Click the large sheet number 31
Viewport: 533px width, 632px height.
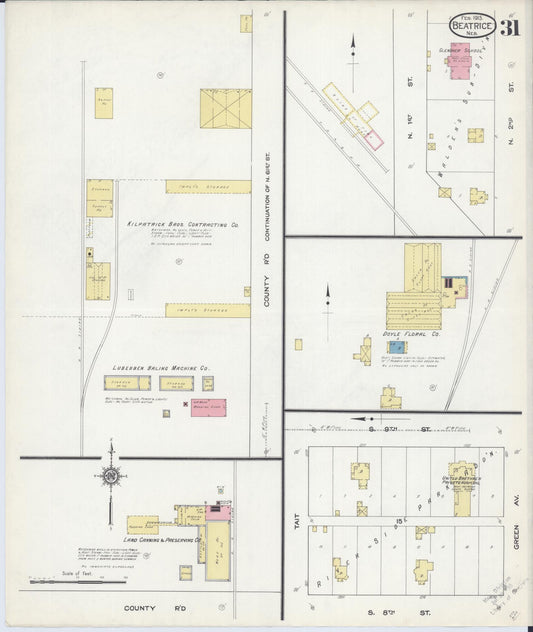511,27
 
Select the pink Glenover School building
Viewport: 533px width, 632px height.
460,62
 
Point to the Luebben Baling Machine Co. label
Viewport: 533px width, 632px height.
159,368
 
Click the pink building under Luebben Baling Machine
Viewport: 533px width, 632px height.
208,407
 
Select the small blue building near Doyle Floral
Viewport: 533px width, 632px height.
397,347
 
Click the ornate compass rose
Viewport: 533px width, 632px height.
111,477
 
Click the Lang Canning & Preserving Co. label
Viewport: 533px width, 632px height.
164,539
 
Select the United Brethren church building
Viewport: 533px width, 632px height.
463,480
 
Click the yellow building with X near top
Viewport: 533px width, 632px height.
225,108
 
